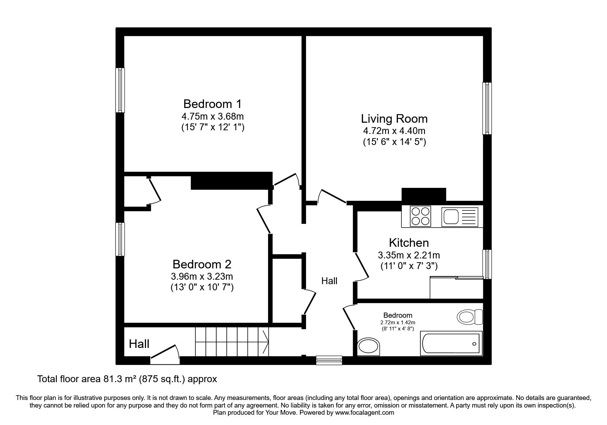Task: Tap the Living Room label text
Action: click(394, 119)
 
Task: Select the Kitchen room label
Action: click(409, 243)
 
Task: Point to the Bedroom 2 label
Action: click(202, 264)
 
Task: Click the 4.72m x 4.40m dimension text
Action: click(394, 131)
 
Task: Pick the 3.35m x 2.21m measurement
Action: click(409, 255)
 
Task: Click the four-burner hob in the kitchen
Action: click(421, 216)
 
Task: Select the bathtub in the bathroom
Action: click(451, 344)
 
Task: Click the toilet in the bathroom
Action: click(470, 317)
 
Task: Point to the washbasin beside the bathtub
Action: click(368, 347)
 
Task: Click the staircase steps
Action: click(232, 342)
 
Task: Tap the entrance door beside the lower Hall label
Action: click(165, 353)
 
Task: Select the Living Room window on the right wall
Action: click(487, 108)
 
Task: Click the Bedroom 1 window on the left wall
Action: click(120, 90)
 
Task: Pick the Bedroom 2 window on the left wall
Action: click(120, 239)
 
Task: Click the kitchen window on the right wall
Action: click(487, 264)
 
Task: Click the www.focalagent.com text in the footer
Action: click(365, 413)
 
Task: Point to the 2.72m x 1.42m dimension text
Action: click(398, 323)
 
